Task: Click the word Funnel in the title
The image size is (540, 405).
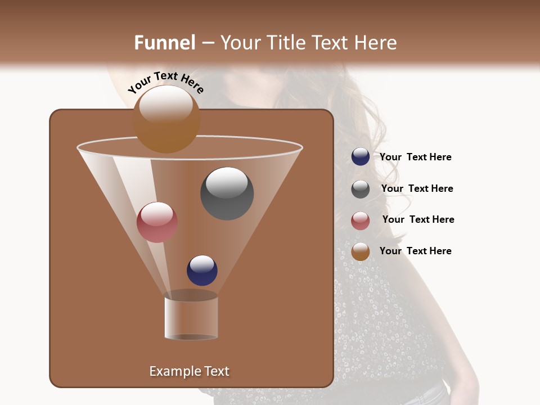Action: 164,43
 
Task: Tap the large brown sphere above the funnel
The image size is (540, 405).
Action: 166,119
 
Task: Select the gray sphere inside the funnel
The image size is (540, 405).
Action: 227,193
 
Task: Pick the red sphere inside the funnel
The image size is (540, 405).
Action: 157,222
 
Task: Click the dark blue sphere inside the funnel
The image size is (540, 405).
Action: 202,271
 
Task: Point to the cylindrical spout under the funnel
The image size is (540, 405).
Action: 191,318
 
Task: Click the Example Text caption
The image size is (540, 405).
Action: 189,371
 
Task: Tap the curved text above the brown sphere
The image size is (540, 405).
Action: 166,82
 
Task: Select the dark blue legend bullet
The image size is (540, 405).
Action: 361,157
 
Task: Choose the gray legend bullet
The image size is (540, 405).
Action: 361,189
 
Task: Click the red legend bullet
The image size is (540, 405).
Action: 361,220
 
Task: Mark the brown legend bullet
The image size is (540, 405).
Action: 361,251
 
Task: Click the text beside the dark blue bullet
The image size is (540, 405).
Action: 415,157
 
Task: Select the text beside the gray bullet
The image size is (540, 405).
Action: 417,189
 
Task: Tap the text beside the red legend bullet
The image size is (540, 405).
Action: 418,220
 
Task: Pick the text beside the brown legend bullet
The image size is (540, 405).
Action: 415,251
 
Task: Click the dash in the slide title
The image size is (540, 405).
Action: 208,43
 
